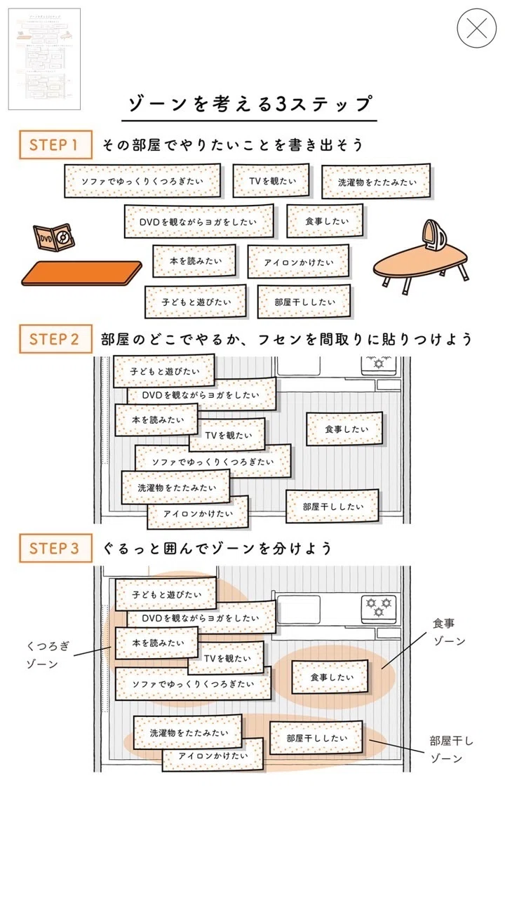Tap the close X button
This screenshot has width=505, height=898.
(476, 29)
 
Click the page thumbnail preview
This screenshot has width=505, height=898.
(44, 59)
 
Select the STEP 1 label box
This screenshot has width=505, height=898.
(55, 145)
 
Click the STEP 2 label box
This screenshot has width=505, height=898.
(55, 339)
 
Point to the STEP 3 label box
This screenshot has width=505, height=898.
(55, 548)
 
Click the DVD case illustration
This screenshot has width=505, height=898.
(54, 237)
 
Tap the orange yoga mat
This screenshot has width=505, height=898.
(81, 274)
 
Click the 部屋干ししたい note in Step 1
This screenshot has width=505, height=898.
(304, 302)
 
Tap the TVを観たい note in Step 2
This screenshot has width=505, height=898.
(227, 435)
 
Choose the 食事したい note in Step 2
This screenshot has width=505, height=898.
(344, 429)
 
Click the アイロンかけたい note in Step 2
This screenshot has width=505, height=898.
(198, 513)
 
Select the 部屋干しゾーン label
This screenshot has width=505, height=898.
(451, 749)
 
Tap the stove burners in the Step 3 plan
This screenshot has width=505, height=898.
(379, 608)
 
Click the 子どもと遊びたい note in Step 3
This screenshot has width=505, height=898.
(166, 594)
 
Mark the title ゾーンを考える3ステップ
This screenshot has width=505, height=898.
(250, 104)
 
